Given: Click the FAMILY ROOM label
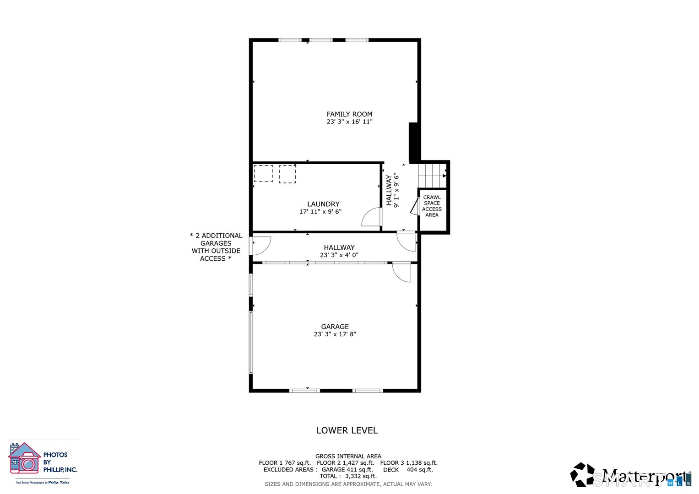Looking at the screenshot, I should coord(349,114).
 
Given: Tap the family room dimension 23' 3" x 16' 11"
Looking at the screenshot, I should coord(349,122).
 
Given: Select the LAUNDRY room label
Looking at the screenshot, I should coord(323,204).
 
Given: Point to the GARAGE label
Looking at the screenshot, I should coord(335,327).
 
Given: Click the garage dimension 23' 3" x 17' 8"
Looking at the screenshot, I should coord(335,334).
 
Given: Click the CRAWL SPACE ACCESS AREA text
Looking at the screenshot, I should coord(432,206).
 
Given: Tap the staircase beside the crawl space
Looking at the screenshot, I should coord(432,174).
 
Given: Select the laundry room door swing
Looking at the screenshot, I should coord(372,217).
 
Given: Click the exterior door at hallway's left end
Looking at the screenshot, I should coord(260,245).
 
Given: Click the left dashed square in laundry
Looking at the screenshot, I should coord(263,174).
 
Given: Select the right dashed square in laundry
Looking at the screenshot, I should coord(287,174).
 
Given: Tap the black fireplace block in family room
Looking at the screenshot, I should coord(414,142).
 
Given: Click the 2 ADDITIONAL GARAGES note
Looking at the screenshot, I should coord(216,247).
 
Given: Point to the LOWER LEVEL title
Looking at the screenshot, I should coord(347,430).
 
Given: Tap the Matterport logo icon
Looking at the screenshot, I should coord(582,475).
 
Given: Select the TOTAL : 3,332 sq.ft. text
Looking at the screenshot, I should coord(348,476).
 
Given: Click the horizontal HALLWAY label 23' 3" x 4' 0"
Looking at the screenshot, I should coord(339,251).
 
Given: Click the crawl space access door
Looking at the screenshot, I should coord(415,206).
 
